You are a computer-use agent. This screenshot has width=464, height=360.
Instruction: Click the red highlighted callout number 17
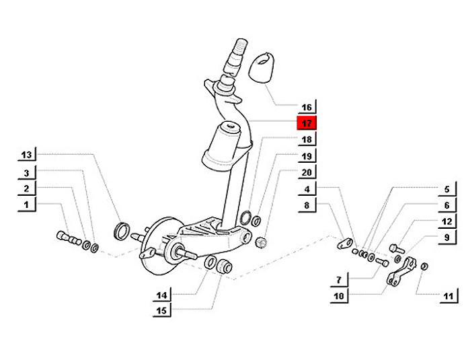(307, 123)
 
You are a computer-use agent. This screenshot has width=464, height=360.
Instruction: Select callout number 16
(307, 107)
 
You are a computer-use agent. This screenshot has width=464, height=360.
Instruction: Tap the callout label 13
(26, 155)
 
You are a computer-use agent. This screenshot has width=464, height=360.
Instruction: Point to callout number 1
(26, 205)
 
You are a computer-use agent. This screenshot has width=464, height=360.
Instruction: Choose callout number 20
(307, 172)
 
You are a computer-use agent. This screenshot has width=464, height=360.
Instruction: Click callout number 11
(449, 296)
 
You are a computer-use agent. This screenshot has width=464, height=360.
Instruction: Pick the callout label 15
(161, 311)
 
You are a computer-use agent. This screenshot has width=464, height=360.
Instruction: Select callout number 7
(338, 280)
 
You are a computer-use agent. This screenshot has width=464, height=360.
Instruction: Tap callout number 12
(447, 221)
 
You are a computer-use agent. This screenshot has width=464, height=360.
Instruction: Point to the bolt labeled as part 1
(69, 238)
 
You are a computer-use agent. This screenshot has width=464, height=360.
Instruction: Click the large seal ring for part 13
(122, 231)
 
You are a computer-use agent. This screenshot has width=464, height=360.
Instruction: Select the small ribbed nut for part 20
(261, 242)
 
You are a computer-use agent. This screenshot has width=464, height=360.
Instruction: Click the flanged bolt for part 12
(397, 249)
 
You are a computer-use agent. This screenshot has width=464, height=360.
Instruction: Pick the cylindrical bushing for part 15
(225, 266)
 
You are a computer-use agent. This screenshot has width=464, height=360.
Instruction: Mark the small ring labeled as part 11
(424, 266)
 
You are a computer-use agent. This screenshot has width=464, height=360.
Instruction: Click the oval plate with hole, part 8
(345, 244)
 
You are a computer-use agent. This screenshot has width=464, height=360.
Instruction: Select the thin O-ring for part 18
(245, 218)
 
